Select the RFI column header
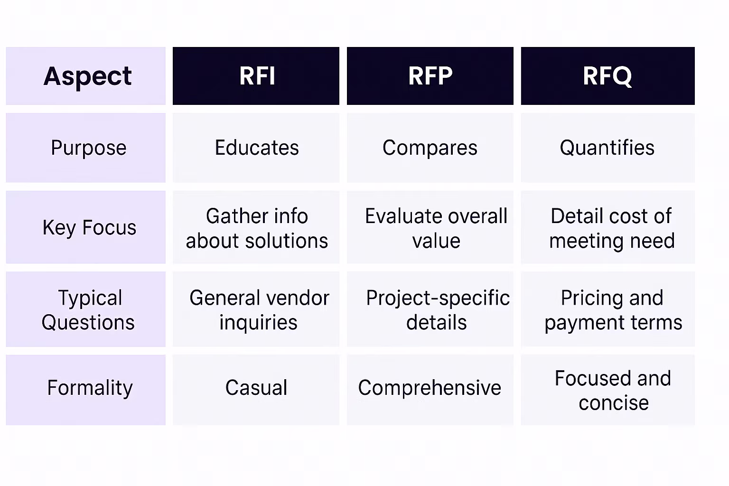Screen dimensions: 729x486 (x=256, y=76)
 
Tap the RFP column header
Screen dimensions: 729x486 (x=430, y=76)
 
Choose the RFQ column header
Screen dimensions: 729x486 (x=607, y=76)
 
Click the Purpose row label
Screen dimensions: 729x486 (x=88, y=148)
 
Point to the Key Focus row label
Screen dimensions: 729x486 (x=89, y=227)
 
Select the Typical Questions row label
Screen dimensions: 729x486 (x=88, y=309)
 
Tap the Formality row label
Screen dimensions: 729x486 (x=90, y=388)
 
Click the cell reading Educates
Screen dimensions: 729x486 (x=256, y=148)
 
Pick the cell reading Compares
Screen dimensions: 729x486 (x=430, y=148)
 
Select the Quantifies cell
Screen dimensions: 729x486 (x=607, y=148)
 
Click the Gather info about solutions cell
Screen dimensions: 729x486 (x=256, y=228)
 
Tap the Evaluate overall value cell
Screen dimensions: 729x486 (x=436, y=228)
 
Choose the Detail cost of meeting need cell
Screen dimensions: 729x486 (x=611, y=228)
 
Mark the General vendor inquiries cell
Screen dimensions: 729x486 (x=259, y=309)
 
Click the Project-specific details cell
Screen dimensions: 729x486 (x=437, y=309)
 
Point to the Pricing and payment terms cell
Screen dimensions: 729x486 (x=612, y=309)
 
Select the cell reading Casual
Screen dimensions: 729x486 (x=256, y=388)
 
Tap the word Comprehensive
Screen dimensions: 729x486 (x=430, y=388)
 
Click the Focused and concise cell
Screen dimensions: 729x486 (x=613, y=390)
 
